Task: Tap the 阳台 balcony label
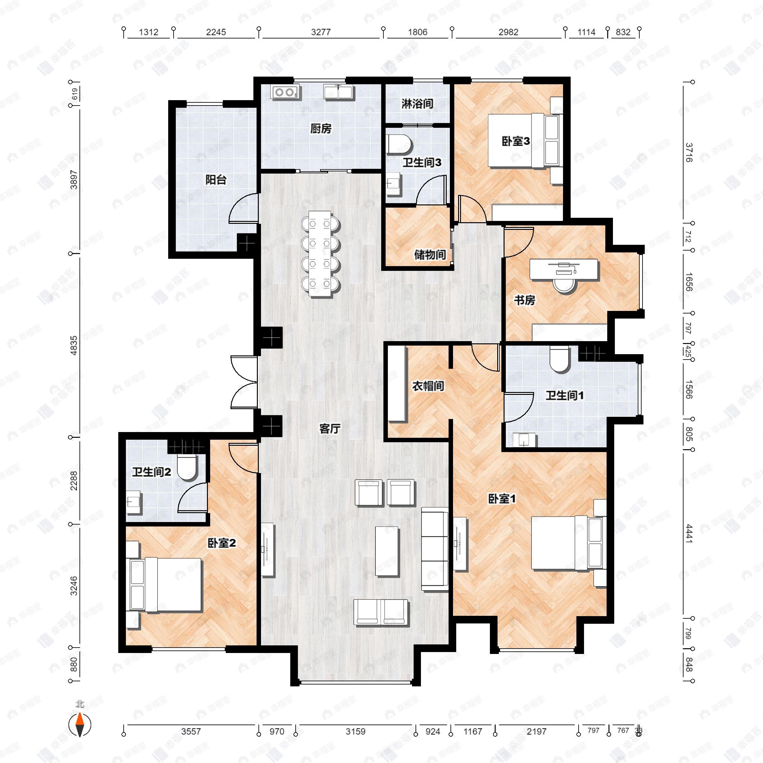click(216, 180)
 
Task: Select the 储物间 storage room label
click(430, 255)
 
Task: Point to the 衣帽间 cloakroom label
click(428, 386)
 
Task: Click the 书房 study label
click(524, 300)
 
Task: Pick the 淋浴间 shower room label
click(417, 104)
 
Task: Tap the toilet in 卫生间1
click(559, 360)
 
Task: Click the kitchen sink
click(339, 92)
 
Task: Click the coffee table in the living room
click(387, 551)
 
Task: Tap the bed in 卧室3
click(523, 141)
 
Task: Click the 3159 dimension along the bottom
click(355, 732)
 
